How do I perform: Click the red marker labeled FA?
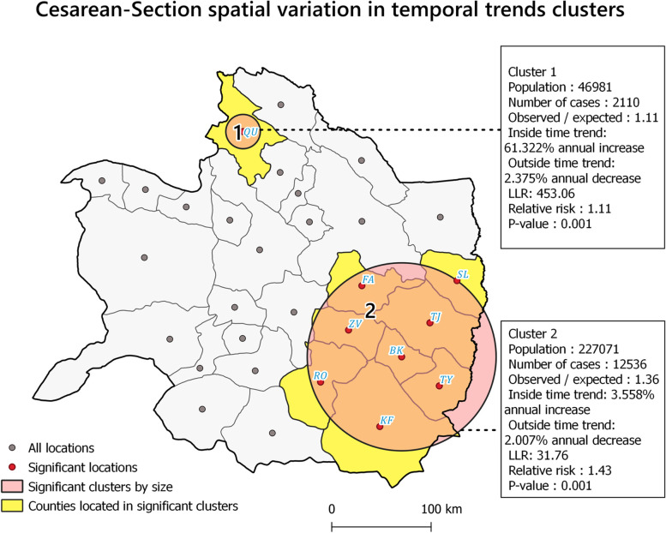[x=362, y=286]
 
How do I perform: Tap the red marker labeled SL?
[x=457, y=281]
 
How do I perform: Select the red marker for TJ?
[x=429, y=323]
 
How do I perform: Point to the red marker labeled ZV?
[x=349, y=330]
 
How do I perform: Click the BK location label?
[x=396, y=350]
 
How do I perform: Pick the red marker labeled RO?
[x=321, y=382]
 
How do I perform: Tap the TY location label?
[x=447, y=380]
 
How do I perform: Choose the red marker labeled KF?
[x=380, y=427]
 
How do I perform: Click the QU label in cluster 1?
[x=250, y=132]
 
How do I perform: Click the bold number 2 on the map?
[x=370, y=312]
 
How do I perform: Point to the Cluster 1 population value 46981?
[x=594, y=87]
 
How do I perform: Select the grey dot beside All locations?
[x=12, y=448]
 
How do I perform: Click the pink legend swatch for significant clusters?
[x=12, y=486]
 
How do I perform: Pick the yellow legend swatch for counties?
[x=12, y=506]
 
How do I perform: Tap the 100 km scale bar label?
[x=441, y=509]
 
